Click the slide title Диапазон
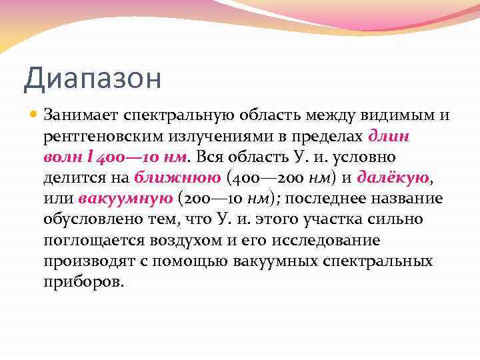click(92, 79)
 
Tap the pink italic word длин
click(389, 137)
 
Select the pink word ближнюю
click(177, 178)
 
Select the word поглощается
click(96, 240)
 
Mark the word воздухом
click(189, 240)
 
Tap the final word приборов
click(84, 281)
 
